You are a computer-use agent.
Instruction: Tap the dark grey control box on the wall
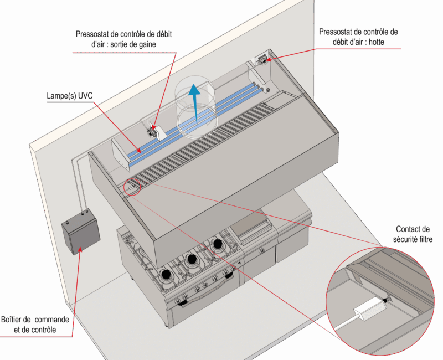coord(81,232)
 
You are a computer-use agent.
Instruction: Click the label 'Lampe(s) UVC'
coord(70,96)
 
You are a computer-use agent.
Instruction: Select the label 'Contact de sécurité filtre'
coord(413,234)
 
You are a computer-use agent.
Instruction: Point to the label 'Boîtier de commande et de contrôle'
coord(35,325)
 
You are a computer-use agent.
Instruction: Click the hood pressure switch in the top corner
coord(262,60)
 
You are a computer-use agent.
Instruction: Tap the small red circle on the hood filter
coord(132,187)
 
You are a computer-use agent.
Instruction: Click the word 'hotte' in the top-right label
coord(377,42)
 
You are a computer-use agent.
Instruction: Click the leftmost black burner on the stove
coord(166,274)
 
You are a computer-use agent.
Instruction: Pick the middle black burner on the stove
coord(192,259)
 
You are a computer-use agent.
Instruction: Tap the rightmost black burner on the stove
coord(218,244)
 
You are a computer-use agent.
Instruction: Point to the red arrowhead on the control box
coord(80,250)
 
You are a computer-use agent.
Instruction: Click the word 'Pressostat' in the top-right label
coord(336,32)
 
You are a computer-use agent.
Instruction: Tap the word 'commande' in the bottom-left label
coord(52,320)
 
